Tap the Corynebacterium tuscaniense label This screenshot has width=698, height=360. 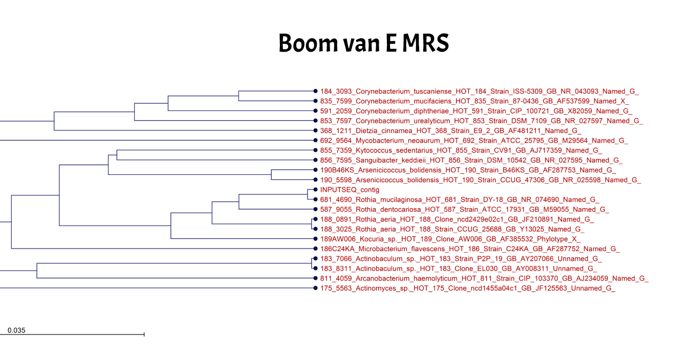click(479, 92)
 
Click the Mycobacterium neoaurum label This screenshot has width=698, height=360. click(474, 141)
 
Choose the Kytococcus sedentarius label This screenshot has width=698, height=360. click(461, 150)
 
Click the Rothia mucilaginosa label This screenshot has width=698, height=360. click(460, 200)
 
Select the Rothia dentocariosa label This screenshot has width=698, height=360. click(465, 210)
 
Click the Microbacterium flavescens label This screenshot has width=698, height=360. click(470, 249)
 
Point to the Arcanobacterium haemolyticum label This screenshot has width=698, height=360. click(484, 279)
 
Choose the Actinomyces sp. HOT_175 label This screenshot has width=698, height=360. click(468, 288)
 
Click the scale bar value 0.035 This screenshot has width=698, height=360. click(16, 330)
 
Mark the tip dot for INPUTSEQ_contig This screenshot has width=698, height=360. click(315, 190)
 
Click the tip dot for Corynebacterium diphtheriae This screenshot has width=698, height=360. click(315, 111)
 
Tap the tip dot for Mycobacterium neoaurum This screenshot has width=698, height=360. click(315, 141)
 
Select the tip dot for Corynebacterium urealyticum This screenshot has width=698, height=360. click(315, 121)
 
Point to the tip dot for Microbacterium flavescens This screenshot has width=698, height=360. click(315, 249)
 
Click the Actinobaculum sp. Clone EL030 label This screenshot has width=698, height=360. click(459, 268)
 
